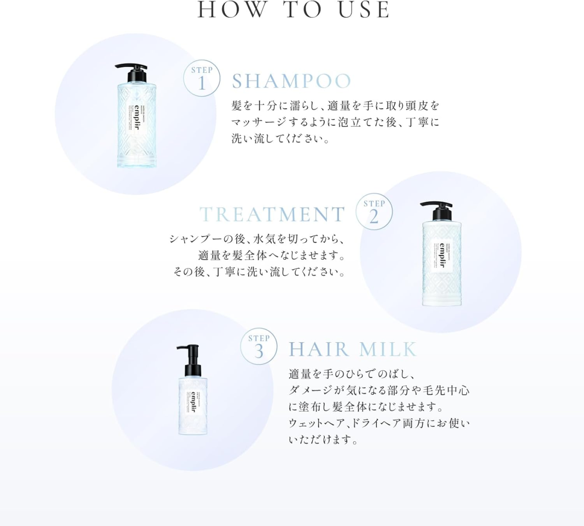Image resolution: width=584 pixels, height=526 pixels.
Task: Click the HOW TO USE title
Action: (x=294, y=10)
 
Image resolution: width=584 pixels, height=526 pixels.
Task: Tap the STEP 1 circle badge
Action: (x=202, y=78)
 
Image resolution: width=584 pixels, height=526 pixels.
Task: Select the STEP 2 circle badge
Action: (x=374, y=212)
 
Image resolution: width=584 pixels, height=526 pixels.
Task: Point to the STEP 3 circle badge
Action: (x=259, y=346)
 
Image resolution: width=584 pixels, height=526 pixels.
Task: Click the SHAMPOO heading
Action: (x=292, y=81)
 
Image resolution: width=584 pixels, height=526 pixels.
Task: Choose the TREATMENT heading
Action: (x=272, y=215)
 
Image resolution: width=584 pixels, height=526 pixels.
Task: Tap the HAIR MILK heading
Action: (x=353, y=349)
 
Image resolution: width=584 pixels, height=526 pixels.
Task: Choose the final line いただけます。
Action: (x=323, y=440)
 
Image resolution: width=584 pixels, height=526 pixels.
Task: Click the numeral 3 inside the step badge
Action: (x=259, y=351)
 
